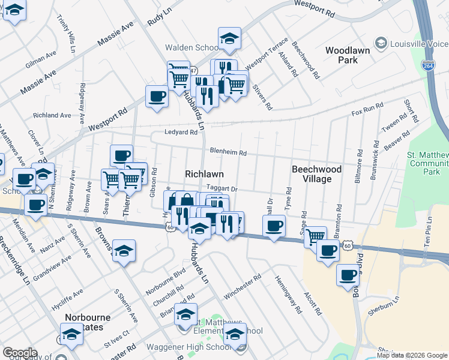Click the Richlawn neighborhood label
tap(204, 173)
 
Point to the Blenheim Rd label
tap(228, 152)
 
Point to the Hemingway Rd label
tap(288, 295)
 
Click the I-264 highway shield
tap(428, 65)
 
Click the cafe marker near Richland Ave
tap(157, 96)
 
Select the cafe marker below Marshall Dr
tap(274, 226)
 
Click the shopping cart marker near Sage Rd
tap(315, 237)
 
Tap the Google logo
tap(20, 352)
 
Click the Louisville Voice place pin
tap(379, 43)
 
